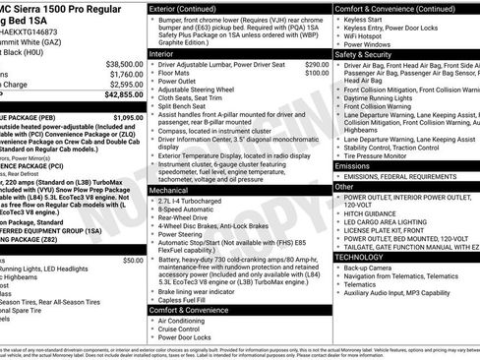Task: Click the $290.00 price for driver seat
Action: click(317, 64)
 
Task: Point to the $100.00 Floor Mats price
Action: click(317, 73)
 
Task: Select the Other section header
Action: click(345, 185)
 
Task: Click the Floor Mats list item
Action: click(177, 73)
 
